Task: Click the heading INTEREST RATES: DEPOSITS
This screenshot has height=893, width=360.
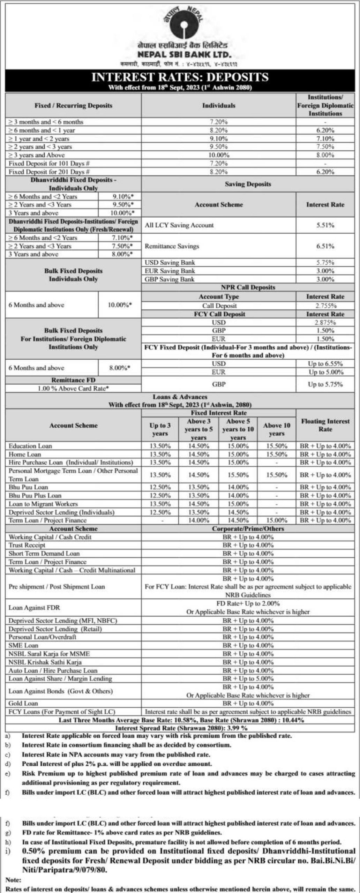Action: pyautogui.click(x=180, y=77)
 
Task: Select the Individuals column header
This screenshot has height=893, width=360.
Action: pyautogui.click(x=219, y=105)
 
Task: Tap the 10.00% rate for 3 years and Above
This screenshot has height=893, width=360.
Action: pyautogui.click(x=219, y=155)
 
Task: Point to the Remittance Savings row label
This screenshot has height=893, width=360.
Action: pyautogui.click(x=172, y=246)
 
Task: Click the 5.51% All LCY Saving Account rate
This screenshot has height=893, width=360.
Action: pyautogui.click(x=325, y=225)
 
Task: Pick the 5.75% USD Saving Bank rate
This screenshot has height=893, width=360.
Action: pyautogui.click(x=325, y=263)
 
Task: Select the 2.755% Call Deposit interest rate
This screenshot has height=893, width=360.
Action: pyautogui.click(x=325, y=306)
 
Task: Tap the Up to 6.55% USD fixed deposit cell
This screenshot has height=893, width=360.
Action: pyautogui.click(x=325, y=364)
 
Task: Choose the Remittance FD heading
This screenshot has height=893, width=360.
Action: pyautogui.click(x=73, y=380)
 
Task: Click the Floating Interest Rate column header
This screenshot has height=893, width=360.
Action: pyautogui.click(x=325, y=425)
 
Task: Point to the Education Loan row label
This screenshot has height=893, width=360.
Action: pyautogui.click(x=28, y=446)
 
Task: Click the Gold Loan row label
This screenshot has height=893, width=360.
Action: pyautogui.click(x=23, y=704)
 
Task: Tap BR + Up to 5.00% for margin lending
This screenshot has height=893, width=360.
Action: pyautogui.click(x=248, y=678)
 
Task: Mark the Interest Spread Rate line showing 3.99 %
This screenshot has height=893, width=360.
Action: pyautogui.click(x=181, y=728)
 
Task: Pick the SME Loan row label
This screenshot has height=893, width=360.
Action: pyautogui.click(x=23, y=646)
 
